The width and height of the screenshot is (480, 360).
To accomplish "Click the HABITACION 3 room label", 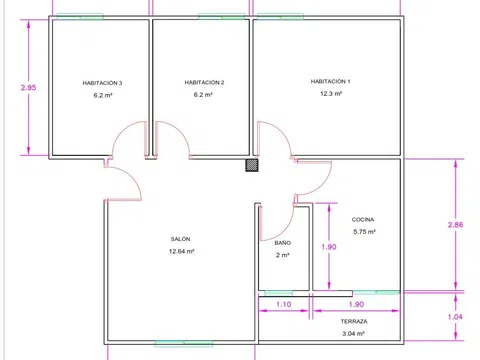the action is click(x=102, y=83).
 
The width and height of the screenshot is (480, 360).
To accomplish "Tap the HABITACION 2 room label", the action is click(x=204, y=82).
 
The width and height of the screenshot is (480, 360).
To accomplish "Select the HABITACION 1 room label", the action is click(x=330, y=81).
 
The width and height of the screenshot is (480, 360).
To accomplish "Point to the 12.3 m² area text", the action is click(x=331, y=94).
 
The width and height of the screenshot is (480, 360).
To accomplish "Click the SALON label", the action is click(x=180, y=239).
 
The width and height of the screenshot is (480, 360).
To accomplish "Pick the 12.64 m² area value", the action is click(x=182, y=251).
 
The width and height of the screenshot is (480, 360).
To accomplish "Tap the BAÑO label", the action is click(x=283, y=243).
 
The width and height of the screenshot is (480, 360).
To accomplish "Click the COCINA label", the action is click(x=363, y=219).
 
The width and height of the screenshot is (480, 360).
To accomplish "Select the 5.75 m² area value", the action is click(x=364, y=232).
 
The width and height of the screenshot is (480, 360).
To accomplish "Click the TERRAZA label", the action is click(x=354, y=321).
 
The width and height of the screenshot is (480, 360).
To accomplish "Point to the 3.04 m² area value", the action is click(x=353, y=333).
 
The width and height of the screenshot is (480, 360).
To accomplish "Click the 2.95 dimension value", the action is click(x=28, y=88).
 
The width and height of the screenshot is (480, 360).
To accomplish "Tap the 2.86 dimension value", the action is click(x=455, y=225).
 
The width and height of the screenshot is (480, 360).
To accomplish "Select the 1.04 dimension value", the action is click(x=455, y=317).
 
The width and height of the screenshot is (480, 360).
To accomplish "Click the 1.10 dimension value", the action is click(x=284, y=304).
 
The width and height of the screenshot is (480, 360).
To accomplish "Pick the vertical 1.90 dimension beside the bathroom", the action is click(x=329, y=247).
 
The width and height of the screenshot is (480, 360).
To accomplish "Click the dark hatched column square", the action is click(x=252, y=165).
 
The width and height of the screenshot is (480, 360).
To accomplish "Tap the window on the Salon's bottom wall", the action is click(x=184, y=343).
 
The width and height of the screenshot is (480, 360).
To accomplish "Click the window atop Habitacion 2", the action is click(x=222, y=16).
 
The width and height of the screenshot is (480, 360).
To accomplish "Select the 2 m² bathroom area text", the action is click(x=283, y=255).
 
